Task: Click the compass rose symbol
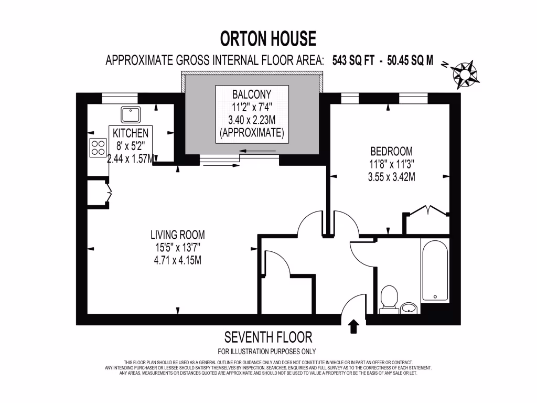(464, 73)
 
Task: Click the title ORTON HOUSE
(268, 39)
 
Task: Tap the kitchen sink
(128, 114)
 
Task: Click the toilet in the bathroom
(389, 298)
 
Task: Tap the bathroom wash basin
(409, 307)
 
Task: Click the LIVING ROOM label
(177, 235)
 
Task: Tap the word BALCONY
(252, 94)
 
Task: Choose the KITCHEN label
(131, 133)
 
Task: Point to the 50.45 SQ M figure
(410, 60)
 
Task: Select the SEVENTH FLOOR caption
(268, 337)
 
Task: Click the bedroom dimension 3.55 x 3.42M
(391, 177)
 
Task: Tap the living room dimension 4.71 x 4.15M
(177, 260)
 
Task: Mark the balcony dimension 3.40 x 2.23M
(252, 120)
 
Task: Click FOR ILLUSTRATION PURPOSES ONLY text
(267, 352)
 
